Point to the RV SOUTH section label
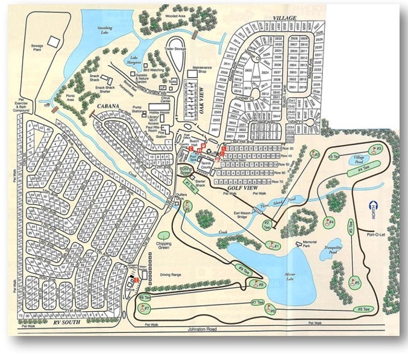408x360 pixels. tap(66, 323)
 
